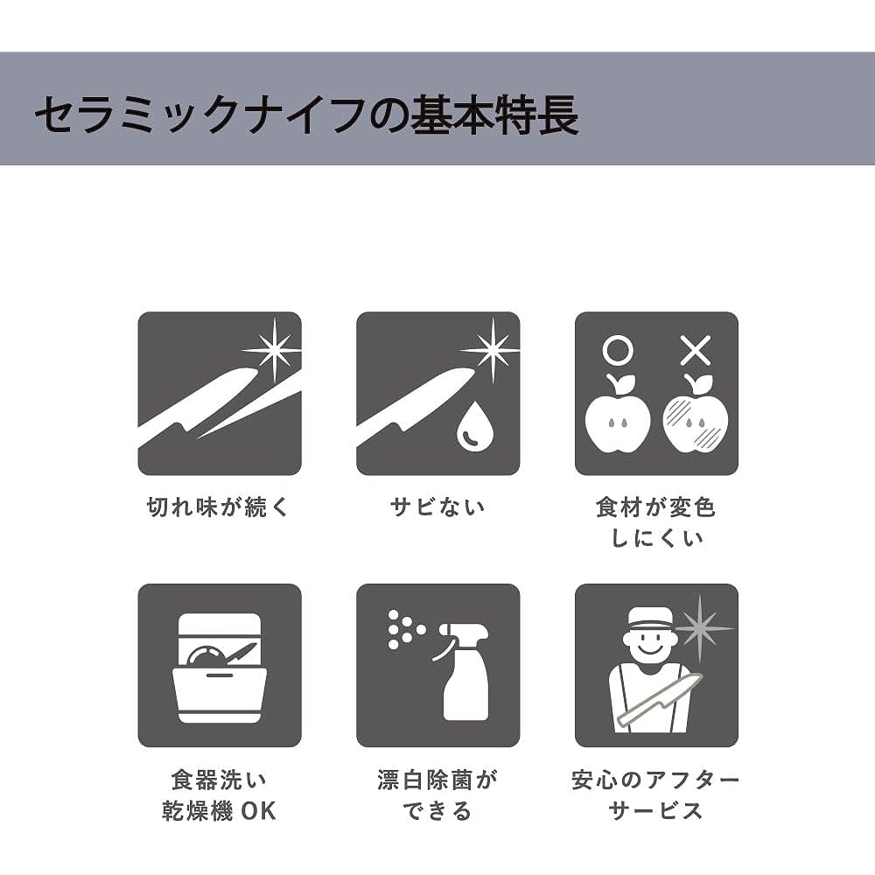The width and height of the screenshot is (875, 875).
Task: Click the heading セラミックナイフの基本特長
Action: click(307, 115)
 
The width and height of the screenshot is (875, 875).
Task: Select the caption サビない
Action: click(437, 507)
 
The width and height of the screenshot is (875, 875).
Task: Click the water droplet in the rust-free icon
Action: click(475, 425)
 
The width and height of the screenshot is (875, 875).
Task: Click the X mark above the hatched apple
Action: click(696, 351)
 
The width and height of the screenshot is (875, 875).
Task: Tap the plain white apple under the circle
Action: click(618, 416)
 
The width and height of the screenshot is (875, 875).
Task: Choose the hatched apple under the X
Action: click(696, 416)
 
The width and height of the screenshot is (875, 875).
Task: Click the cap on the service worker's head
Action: click(651, 617)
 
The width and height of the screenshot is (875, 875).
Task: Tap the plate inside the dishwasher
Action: click(206, 654)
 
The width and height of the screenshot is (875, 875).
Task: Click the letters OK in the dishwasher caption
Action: click(258, 811)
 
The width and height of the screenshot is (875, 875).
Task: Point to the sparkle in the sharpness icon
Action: click(274, 350)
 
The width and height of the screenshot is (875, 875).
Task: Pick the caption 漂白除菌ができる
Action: click(437, 795)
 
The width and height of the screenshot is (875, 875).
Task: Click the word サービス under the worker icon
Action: click(655, 811)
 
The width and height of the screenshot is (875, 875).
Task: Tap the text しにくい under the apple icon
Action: click(657, 538)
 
